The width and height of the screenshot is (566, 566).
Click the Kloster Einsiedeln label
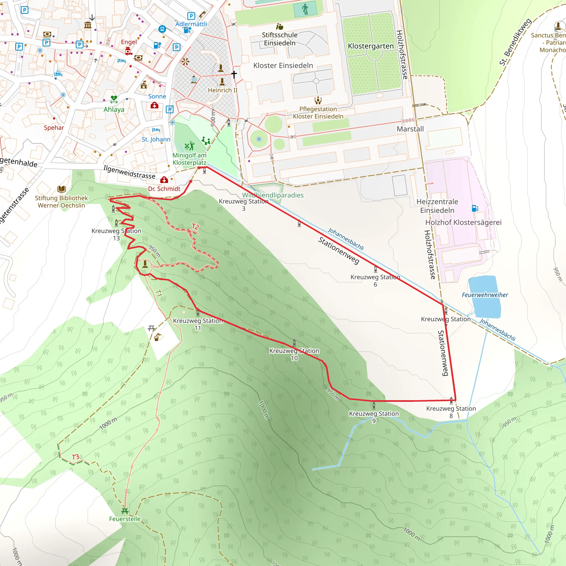point(283,65)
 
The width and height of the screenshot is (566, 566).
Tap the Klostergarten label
point(371,46)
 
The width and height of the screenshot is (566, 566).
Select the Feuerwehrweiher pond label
point(485,295)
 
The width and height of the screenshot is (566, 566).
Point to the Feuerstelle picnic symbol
point(125,511)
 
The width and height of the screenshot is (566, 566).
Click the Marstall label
point(410,129)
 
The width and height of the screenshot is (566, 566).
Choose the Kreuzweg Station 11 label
point(198,324)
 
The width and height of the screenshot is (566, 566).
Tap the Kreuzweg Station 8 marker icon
point(451,400)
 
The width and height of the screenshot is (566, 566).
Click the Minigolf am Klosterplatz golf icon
point(189,145)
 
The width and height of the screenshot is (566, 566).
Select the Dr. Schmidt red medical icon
point(164,179)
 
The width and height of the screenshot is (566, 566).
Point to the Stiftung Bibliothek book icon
point(62,189)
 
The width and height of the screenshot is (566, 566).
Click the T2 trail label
point(195,226)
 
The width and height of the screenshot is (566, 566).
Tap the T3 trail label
point(75,457)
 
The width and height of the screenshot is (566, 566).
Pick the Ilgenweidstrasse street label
point(129,172)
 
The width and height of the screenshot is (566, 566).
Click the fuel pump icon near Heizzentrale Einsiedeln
point(475,208)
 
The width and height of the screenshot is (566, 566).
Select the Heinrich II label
point(223,90)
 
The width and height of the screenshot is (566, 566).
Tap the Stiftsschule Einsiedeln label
point(279,39)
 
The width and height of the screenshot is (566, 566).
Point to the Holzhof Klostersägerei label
point(463,222)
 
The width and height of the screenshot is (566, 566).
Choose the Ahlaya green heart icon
point(114,99)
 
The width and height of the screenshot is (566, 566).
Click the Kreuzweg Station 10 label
point(294,354)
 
